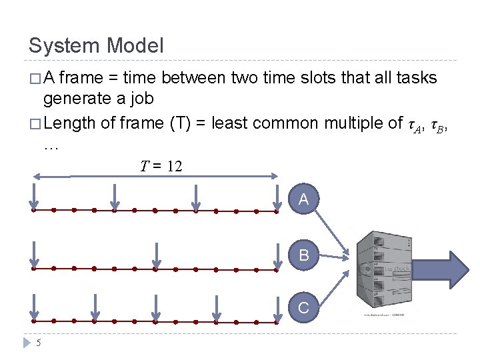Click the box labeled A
pos(304,199)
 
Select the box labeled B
pos(304,255)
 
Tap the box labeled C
pos(304,308)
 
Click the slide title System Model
pos(96,46)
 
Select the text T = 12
pos(161,166)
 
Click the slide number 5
pos(39,343)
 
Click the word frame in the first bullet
pos(83,79)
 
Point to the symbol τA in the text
pos(417,124)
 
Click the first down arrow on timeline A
pos(34,197)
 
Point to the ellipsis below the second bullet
pos(51,146)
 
